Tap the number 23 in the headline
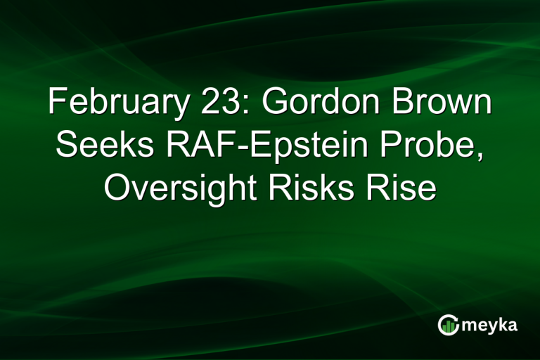click(x=210, y=105)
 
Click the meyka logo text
click(x=489, y=325)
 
